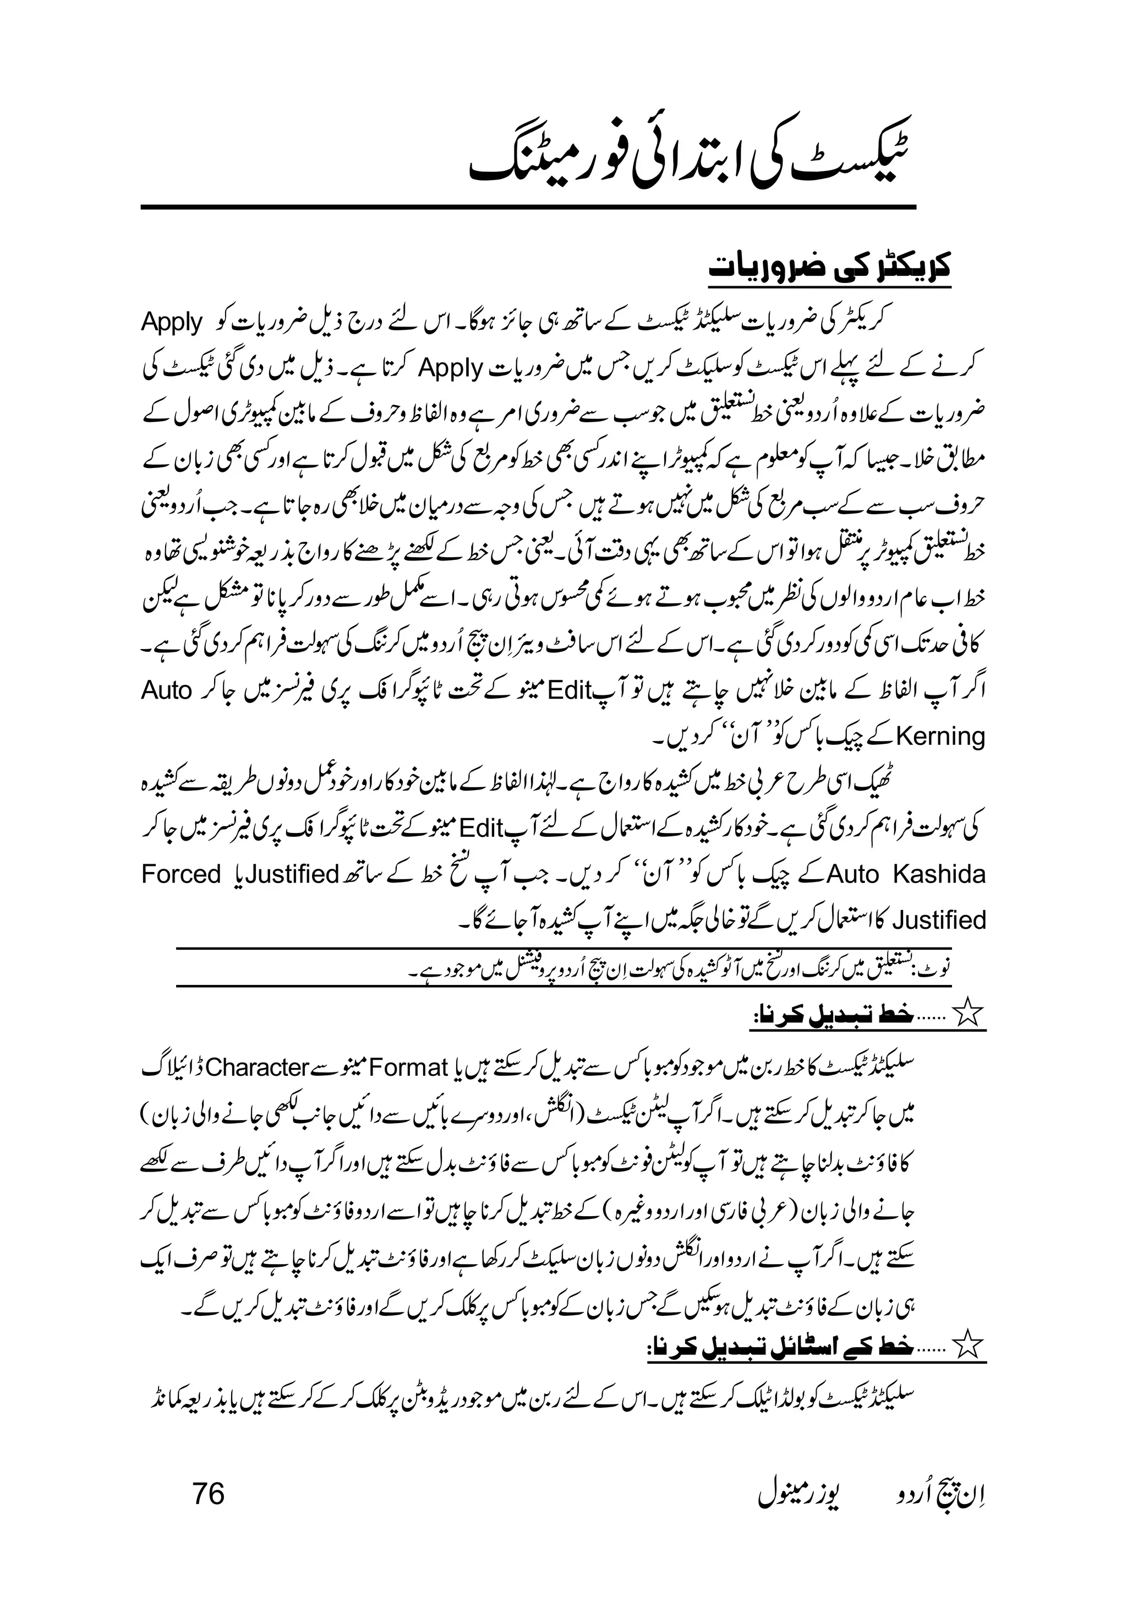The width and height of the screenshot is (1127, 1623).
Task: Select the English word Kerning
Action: click(940, 737)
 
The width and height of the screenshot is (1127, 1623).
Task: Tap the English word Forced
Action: click(182, 874)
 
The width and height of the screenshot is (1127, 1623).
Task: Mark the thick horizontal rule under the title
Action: click(528, 207)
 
